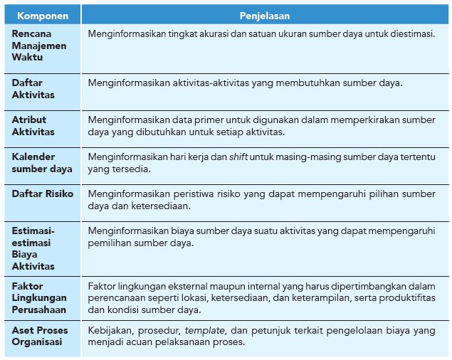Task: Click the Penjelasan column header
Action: coord(264,15)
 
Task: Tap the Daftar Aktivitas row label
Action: coord(33,89)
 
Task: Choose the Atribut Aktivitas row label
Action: coord(33,126)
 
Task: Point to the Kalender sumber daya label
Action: coord(41,163)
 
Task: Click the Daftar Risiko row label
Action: coord(42,194)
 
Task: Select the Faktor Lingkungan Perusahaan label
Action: coord(38,297)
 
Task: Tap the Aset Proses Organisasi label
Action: coord(39,336)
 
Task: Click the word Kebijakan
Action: coord(110,331)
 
